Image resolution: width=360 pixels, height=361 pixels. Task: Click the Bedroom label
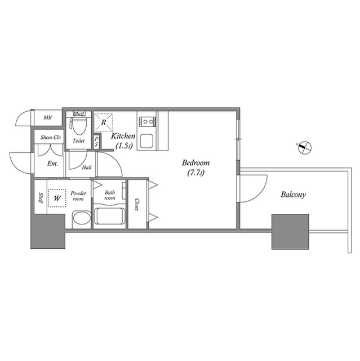point(195,163)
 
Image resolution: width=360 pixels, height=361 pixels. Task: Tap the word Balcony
point(293,195)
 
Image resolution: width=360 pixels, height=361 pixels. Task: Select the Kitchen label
point(123,136)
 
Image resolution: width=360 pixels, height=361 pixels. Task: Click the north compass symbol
point(305,147)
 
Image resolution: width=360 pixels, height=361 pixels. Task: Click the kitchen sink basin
point(146,141)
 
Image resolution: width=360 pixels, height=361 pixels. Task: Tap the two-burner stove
point(147,121)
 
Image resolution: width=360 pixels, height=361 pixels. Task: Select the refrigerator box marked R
point(104,122)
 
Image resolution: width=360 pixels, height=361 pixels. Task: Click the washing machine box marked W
point(57,198)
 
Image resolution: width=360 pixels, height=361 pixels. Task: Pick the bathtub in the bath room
point(110,216)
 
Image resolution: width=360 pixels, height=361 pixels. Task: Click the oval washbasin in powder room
point(81,219)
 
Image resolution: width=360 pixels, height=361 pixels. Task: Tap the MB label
point(47,118)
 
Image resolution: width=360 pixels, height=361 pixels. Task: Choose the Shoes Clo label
point(51,138)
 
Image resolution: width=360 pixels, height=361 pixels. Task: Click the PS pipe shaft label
point(96,142)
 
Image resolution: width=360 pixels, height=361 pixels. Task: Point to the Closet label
point(137,204)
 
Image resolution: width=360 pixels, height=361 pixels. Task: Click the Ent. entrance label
point(52,164)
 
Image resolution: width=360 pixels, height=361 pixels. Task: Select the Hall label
point(87,168)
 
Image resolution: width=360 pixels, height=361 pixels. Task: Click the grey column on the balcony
point(290,232)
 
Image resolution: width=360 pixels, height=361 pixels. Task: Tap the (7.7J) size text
point(195,173)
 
